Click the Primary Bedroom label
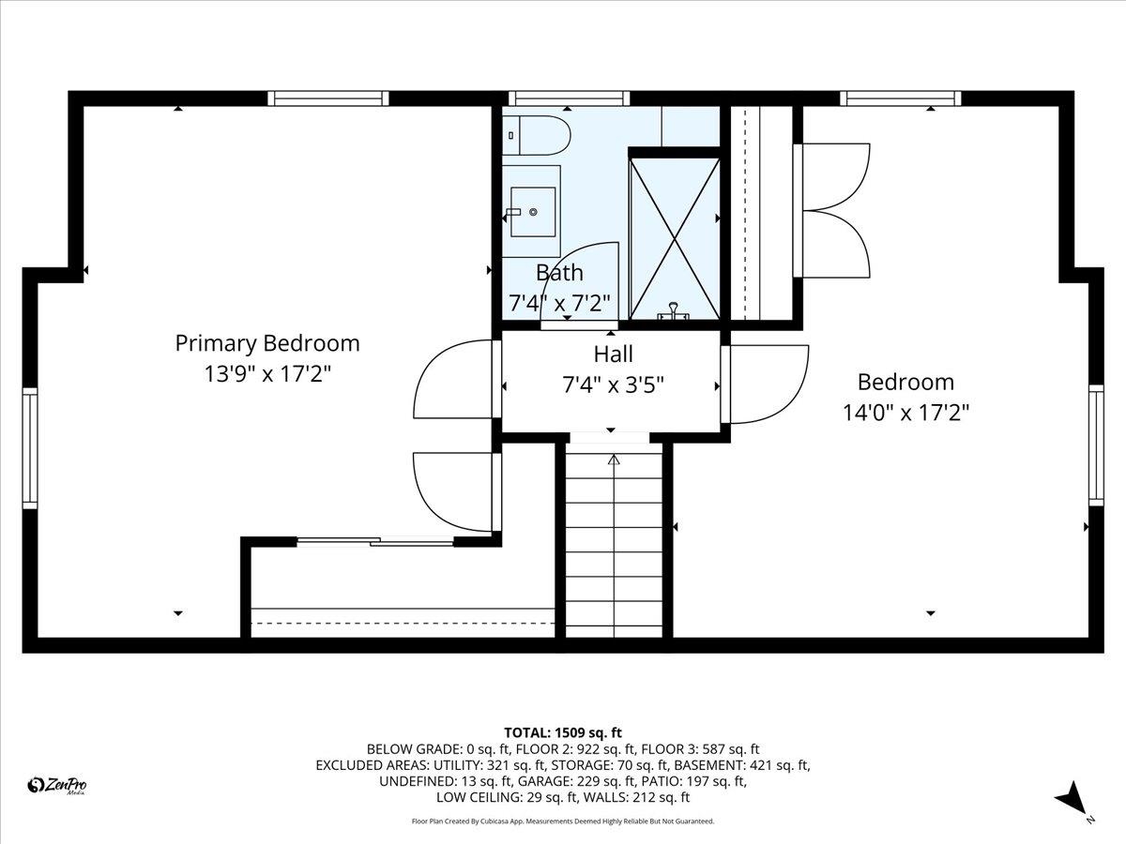267,343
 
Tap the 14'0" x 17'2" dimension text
905,413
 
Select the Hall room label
613,354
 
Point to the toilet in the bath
536,136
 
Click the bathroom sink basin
533,212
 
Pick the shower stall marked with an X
675,239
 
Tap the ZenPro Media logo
57,786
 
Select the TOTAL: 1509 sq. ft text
563,732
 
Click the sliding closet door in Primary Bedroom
375,541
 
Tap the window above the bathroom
569,98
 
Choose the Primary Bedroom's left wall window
30,448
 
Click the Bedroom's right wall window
1096,445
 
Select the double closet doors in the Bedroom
831,211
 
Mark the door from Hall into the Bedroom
765,384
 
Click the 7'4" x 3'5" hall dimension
613,384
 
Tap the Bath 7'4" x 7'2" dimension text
559,303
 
